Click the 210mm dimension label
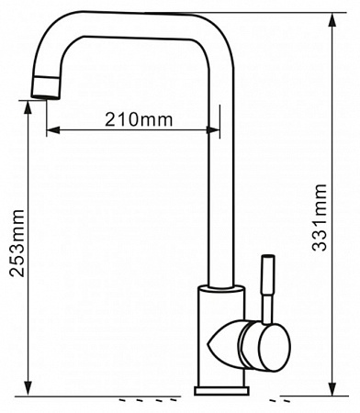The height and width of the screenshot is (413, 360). (139, 119)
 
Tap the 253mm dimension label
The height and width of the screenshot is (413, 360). (17, 243)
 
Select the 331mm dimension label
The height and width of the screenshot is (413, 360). (320, 218)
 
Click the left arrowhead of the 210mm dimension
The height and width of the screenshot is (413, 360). (53, 130)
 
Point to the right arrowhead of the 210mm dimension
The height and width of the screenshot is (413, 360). (213, 130)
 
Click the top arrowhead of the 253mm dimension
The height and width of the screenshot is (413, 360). (28, 107)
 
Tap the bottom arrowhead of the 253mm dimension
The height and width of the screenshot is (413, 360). (28, 389)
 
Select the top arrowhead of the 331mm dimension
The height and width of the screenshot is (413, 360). (332, 19)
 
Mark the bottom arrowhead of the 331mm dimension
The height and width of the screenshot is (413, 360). (332, 389)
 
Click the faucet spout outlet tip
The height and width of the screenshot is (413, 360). (46, 96)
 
